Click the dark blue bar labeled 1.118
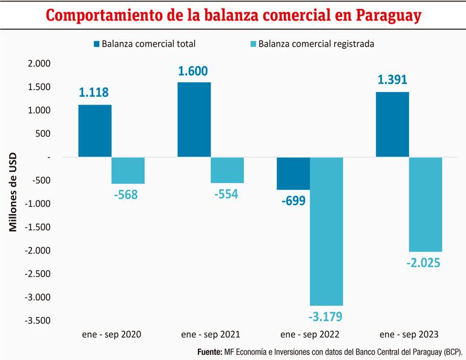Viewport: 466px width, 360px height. pos(94,131)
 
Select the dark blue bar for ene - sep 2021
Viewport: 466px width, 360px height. pos(194,120)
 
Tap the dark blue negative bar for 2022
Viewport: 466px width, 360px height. pos(293,173)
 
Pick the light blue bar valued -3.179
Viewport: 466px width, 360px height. pos(326,231)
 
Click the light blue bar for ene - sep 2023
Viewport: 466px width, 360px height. pos(425,205)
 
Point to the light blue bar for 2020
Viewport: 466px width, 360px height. pos(128,171)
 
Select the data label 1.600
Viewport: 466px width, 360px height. pos(194,71)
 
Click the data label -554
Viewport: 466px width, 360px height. pos(227,194)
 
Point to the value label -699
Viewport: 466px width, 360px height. pos(293,200)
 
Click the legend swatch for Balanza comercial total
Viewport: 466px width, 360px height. pos(96,44)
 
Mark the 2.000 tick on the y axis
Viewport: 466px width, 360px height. pos(39,64)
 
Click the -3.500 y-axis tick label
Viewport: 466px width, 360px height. pos(38,321)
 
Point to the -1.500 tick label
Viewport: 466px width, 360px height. pos(38,227)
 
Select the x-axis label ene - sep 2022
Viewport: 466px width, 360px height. pos(310,334)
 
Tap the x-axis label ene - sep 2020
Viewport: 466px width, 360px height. pos(111,334)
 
